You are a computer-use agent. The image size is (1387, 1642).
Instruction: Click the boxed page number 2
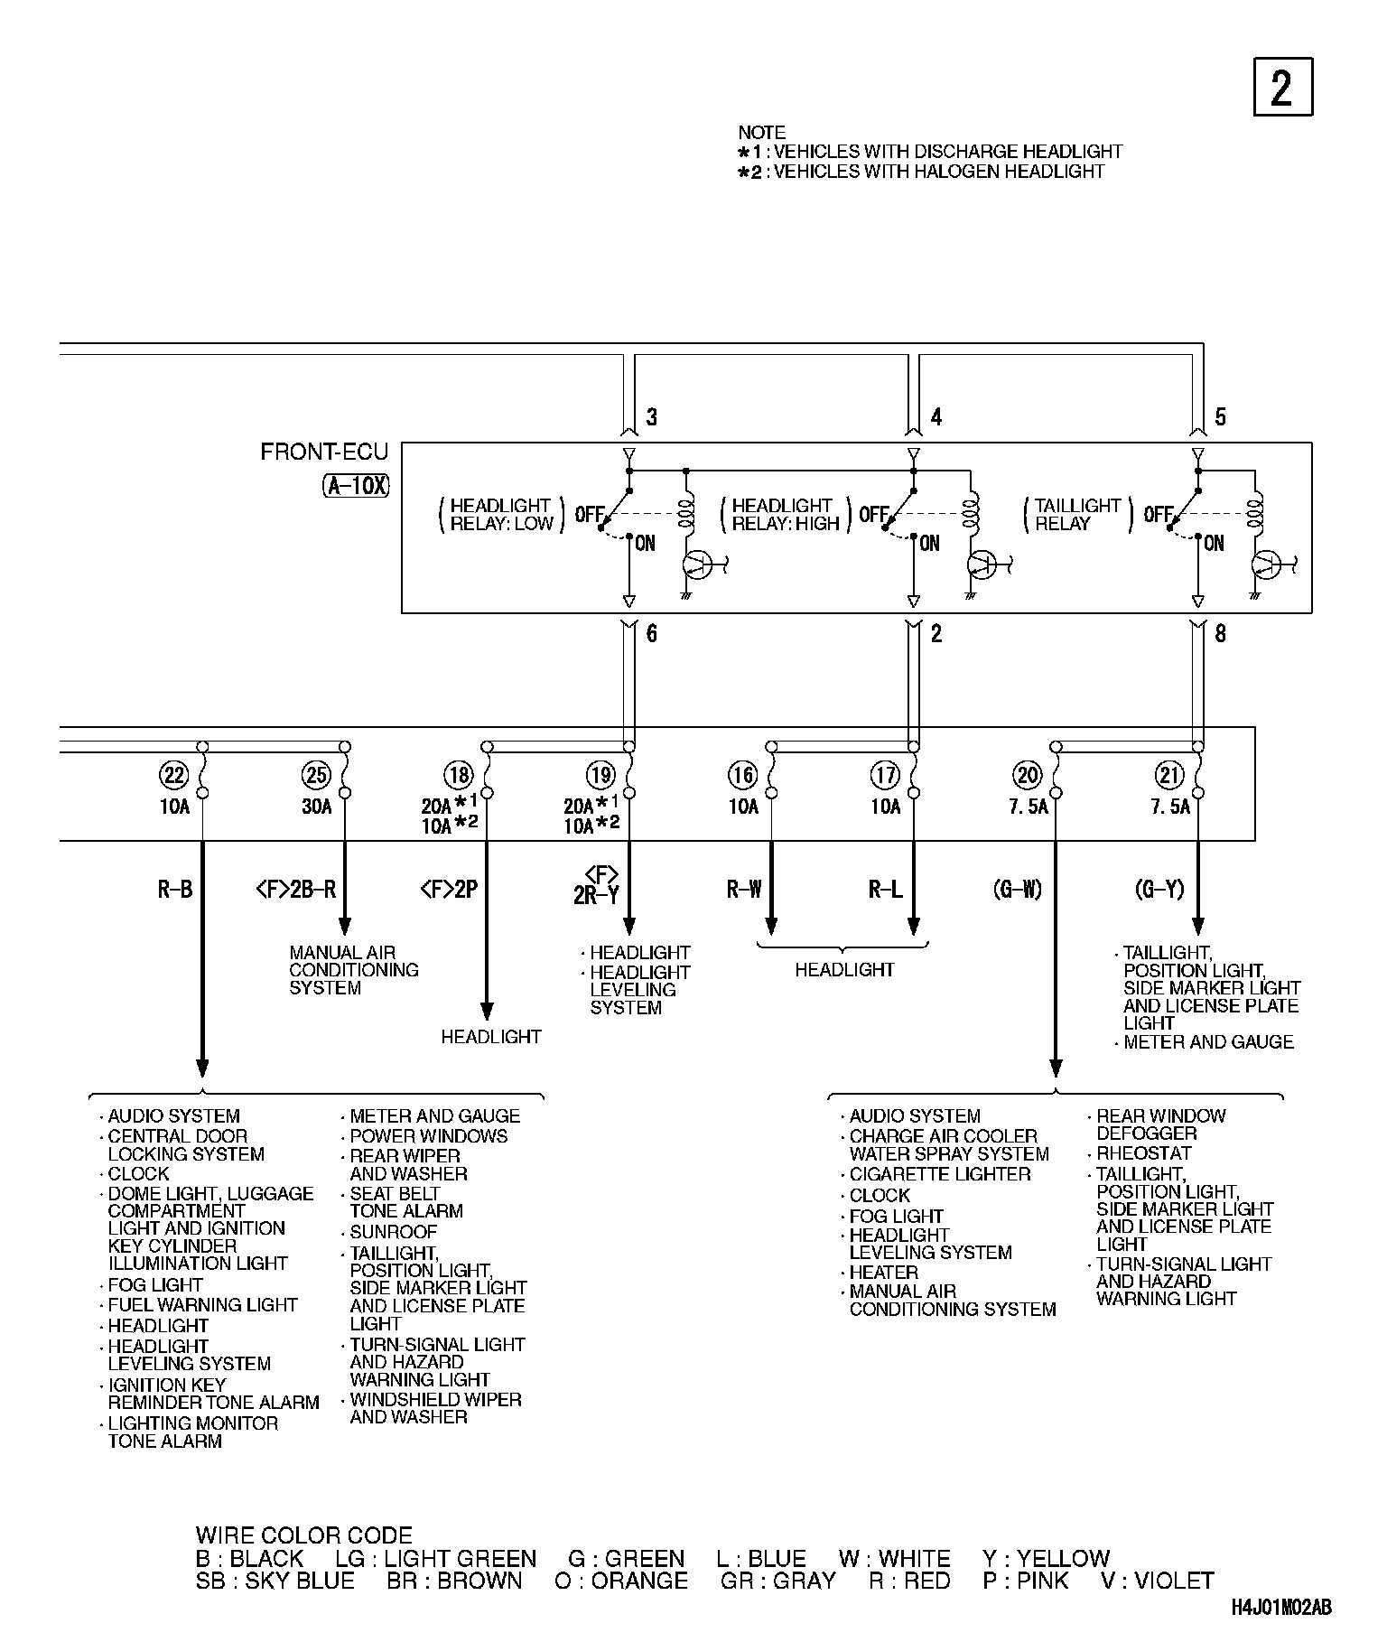[1282, 88]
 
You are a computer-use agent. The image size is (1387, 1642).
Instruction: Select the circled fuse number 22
[174, 775]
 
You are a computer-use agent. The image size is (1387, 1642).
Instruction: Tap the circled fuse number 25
[317, 775]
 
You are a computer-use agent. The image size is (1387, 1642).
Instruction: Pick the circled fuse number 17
[885, 775]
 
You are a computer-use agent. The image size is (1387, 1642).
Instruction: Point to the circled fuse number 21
[1169, 775]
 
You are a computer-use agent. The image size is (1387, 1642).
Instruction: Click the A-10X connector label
[356, 486]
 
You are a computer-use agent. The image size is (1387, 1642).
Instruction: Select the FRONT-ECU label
[324, 452]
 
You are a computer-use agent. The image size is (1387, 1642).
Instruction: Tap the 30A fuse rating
[317, 807]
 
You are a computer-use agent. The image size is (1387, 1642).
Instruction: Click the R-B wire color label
[175, 890]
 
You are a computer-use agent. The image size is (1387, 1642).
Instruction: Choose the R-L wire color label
[885, 890]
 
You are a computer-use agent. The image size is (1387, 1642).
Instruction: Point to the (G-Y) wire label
[1159, 890]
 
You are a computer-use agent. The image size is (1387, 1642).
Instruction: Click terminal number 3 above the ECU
[652, 417]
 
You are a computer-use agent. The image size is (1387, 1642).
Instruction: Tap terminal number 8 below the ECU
[1220, 634]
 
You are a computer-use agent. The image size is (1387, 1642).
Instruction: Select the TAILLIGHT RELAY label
[1077, 515]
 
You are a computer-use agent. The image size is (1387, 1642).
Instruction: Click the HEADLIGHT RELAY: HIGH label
[786, 515]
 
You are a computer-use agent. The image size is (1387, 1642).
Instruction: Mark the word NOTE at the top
[762, 133]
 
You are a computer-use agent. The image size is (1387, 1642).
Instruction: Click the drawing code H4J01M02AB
[1280, 1608]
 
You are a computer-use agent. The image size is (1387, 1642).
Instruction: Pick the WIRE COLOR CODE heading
[303, 1535]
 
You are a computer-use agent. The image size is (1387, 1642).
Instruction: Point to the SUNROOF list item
[393, 1232]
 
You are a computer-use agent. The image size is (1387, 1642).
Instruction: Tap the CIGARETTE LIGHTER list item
[939, 1174]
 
